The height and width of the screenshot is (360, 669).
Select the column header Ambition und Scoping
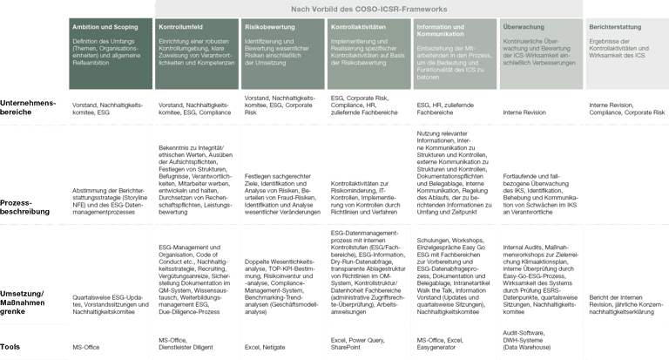click(105, 27)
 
